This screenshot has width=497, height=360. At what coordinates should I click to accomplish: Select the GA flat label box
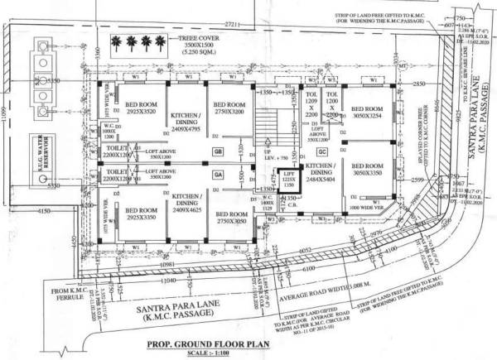point(218,175)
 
